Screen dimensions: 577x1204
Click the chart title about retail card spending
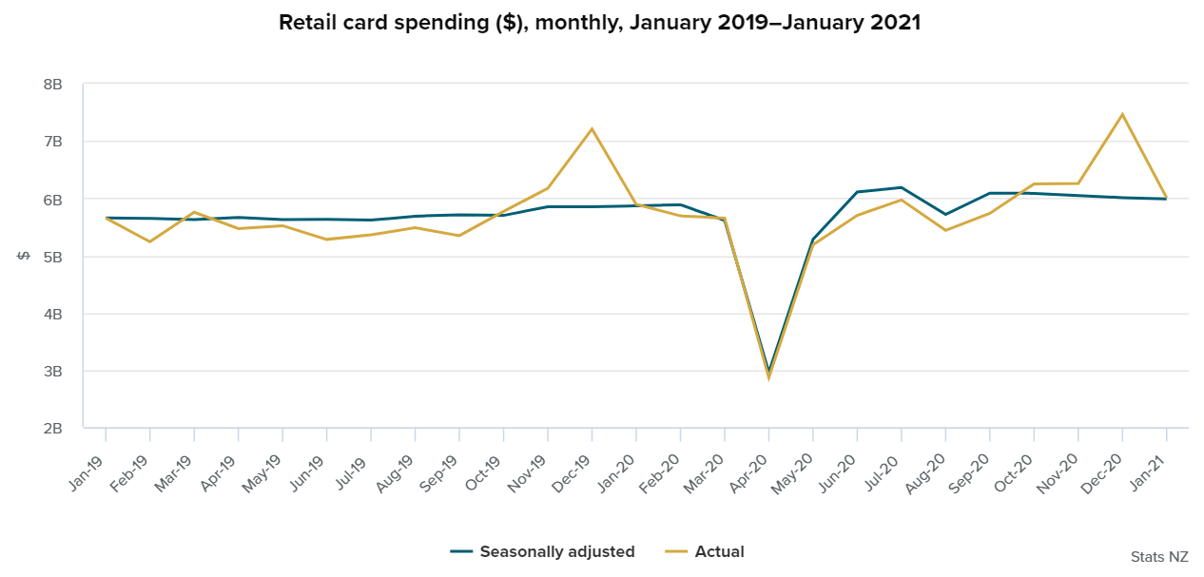pos(599,23)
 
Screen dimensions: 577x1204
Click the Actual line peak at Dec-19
pos(592,128)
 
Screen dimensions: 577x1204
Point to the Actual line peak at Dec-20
pos(1122,114)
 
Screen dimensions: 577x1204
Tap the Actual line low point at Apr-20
pos(768,377)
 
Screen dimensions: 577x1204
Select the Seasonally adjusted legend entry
pos(556,551)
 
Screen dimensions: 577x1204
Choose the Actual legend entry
pos(719,551)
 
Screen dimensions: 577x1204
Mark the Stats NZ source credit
pos(1159,556)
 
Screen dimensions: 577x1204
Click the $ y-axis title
pos(25,257)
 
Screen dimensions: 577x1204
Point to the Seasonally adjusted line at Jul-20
pos(901,187)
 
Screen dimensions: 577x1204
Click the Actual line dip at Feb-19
pos(149,241)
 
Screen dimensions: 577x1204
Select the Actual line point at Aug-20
pos(945,230)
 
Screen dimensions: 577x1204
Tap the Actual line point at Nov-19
pos(548,187)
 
